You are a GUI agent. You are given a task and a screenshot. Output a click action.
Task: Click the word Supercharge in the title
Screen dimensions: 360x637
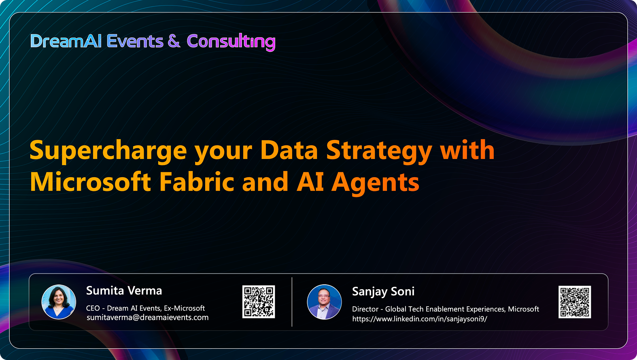[108, 151]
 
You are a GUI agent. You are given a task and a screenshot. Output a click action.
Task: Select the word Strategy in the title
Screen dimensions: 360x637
[379, 151]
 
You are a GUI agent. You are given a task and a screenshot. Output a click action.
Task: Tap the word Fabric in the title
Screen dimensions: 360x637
[197, 182]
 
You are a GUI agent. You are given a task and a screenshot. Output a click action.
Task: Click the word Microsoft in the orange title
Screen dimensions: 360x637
[91, 182]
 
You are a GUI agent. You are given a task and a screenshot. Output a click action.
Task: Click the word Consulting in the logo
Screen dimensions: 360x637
[231, 42]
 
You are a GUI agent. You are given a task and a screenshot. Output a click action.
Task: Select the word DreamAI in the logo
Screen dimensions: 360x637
[66, 41]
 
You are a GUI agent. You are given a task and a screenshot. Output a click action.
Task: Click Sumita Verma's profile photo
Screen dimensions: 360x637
[59, 302]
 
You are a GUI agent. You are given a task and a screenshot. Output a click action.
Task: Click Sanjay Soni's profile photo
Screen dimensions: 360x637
[324, 302]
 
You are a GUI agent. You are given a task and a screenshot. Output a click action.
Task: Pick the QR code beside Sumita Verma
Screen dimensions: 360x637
[259, 302]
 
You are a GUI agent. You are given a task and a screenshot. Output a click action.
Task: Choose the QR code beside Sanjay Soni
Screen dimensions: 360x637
[575, 302]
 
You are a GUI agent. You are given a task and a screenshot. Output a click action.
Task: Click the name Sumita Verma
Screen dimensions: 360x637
[124, 291]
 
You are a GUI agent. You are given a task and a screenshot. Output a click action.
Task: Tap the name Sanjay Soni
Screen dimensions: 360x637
[383, 292]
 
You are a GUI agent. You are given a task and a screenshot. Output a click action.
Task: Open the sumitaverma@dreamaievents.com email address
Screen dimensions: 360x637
[148, 318]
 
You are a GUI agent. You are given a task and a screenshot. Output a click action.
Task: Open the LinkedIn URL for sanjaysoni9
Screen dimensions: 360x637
[419, 319]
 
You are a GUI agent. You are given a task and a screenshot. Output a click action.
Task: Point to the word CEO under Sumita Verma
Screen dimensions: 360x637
[93, 308]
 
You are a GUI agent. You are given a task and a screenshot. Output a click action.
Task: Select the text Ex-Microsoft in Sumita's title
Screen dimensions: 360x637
[184, 308]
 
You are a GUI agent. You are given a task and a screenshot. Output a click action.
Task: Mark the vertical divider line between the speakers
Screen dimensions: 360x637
[292, 302]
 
